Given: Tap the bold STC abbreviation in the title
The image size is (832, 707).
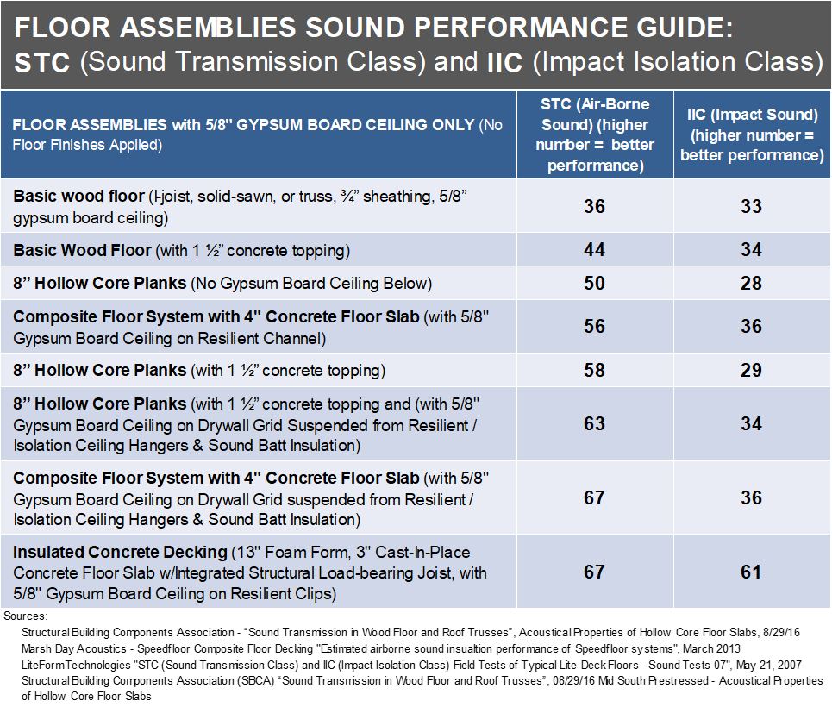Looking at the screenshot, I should pos(42,64).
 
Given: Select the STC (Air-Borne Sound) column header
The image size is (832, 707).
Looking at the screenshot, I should pos(594,135).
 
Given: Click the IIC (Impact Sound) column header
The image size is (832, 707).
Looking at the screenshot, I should pos(751,135).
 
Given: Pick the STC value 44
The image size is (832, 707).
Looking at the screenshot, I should pos(594,250).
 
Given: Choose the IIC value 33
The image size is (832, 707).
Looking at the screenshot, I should pos(751,207).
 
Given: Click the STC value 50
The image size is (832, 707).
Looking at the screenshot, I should pos(594,284).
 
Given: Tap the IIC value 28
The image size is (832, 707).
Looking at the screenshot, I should pos(751,284).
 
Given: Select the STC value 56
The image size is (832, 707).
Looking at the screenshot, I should pos(594,327).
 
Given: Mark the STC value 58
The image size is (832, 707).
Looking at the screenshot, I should pos(594,371).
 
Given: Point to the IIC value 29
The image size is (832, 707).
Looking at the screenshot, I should pos(751,371).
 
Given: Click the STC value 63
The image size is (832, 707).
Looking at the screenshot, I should pos(594,424).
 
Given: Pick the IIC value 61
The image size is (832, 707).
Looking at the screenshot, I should pos(751,572).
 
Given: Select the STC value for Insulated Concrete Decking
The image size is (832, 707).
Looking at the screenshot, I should pos(594,572).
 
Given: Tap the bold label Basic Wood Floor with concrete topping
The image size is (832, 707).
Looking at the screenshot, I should pos(82,251).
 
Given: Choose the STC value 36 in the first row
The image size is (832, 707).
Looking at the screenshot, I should pos(594,207).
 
